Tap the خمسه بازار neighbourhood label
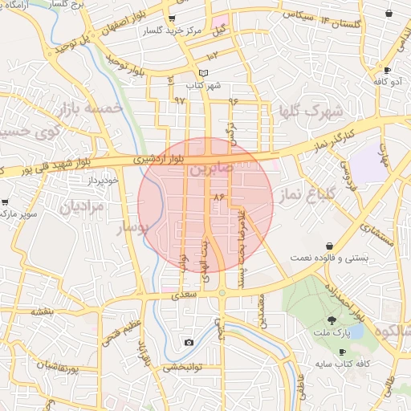(89, 108)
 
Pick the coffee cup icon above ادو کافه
(389, 69)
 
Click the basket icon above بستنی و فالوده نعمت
(330, 245)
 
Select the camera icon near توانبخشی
(189, 343)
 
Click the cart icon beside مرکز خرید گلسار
(173, 18)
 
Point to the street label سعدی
(184, 296)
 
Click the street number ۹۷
(179, 100)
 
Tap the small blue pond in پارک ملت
(353, 331)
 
